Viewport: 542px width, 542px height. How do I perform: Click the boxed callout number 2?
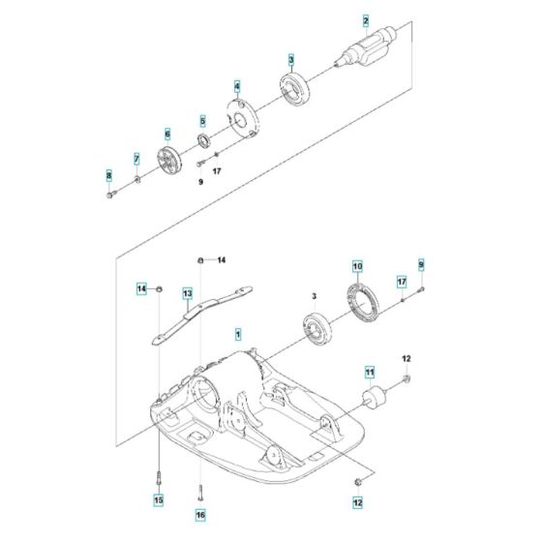pyautogui.click(x=365, y=20)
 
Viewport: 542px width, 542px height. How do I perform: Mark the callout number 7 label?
pyautogui.click(x=136, y=158)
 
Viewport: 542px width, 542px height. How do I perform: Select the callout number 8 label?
pyautogui.click(x=109, y=174)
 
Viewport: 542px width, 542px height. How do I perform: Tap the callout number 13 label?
pyautogui.click(x=188, y=292)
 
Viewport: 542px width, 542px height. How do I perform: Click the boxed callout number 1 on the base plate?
pyautogui.click(x=238, y=333)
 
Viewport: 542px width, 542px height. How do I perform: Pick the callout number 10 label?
pyautogui.click(x=357, y=266)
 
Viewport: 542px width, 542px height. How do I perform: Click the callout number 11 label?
pyautogui.click(x=369, y=371)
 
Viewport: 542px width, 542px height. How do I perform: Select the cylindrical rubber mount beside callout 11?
pyautogui.click(x=372, y=399)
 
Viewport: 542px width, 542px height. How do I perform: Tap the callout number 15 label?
pyautogui.click(x=159, y=500)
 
